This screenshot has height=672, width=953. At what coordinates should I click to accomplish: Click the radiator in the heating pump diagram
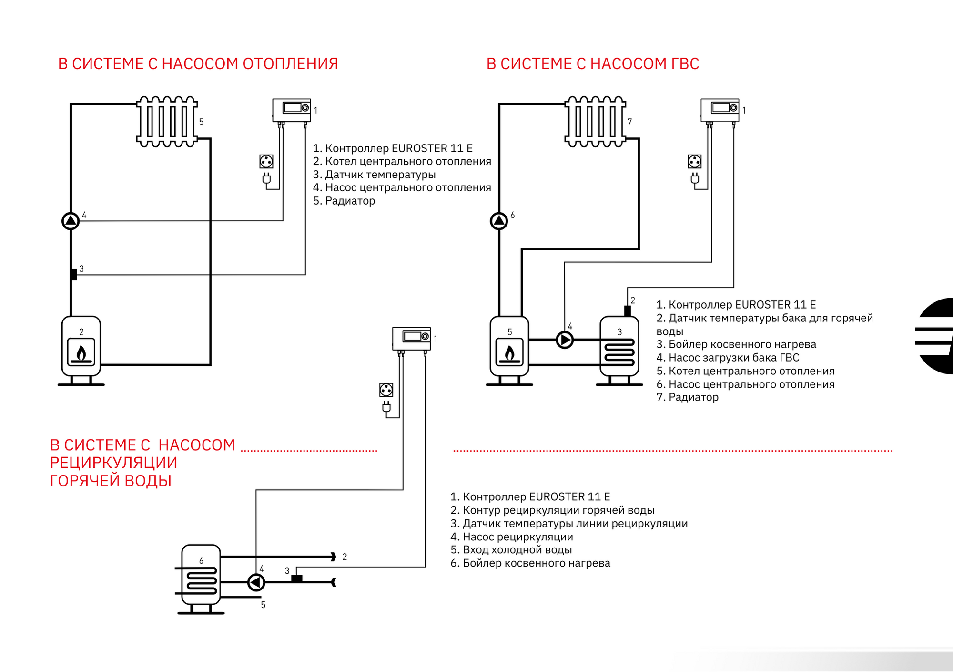coord(167,122)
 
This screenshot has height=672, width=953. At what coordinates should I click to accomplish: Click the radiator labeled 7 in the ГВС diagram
coord(595,122)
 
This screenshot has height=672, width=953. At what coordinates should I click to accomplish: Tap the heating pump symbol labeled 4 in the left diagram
coord(71,221)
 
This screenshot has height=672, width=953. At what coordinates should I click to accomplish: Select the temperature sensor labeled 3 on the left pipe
coord(74,275)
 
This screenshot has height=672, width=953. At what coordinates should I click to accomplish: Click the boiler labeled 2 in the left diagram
coord(81,351)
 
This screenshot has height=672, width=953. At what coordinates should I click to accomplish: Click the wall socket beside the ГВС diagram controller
coord(695,162)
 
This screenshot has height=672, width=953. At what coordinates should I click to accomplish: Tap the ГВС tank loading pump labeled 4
coord(565,340)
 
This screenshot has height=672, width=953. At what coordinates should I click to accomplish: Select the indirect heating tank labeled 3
coord(619,351)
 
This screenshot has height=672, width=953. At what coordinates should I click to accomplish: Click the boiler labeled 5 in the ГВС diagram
coord(509,351)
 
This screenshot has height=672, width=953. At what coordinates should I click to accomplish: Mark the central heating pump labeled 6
coord(499,221)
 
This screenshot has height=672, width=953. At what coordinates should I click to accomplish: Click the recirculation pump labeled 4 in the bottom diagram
coord(256,582)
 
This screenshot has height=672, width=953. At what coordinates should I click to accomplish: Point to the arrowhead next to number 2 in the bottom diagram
coord(334,557)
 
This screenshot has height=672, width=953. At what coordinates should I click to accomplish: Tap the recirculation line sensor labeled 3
coord(296,579)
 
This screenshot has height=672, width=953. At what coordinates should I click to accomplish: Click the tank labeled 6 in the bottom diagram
coord(201,579)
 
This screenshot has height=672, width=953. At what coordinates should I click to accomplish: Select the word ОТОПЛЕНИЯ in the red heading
coord(291,64)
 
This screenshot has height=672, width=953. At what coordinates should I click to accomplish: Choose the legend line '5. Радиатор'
coord(344,201)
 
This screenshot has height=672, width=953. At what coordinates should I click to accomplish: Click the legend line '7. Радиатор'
coord(687,397)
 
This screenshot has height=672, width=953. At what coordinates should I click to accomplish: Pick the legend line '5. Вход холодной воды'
coord(511,550)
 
